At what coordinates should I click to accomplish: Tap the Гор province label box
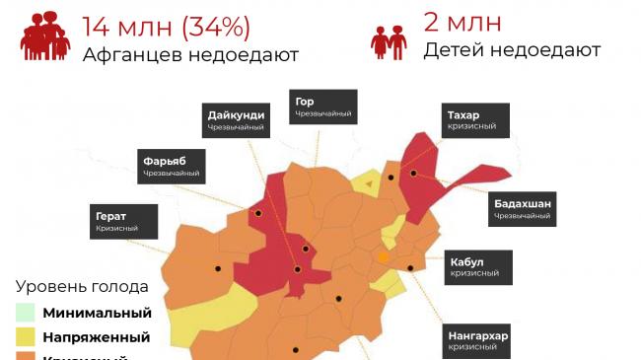click(x=322, y=108)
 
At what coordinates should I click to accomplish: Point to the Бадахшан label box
click(x=523, y=208)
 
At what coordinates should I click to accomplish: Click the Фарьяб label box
click(x=172, y=166)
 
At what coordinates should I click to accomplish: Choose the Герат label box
click(x=123, y=221)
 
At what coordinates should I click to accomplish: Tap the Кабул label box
click(x=480, y=267)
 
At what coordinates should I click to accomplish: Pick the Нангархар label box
click(x=478, y=340)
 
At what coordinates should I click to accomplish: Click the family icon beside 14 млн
click(x=45, y=36)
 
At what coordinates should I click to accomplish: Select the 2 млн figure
click(x=462, y=22)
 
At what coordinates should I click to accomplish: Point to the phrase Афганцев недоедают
click(x=190, y=55)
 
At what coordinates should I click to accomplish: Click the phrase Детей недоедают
click(x=512, y=49)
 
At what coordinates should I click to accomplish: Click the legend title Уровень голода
click(x=82, y=287)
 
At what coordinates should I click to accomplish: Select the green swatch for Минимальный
click(x=26, y=313)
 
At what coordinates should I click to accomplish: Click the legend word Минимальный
click(x=97, y=314)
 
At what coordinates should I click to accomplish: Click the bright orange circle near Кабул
click(x=383, y=257)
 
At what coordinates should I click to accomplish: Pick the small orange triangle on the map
click(x=368, y=182)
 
